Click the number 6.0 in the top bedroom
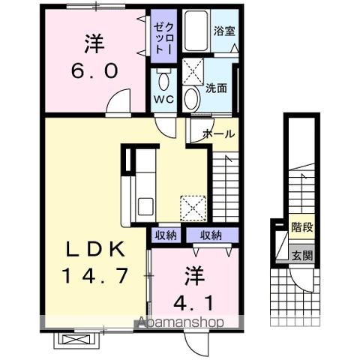pos(94,71)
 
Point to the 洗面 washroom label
pos(217,86)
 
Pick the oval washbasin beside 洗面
pos(191,97)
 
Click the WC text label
pos(163,99)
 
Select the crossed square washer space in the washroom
pos(196,73)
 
